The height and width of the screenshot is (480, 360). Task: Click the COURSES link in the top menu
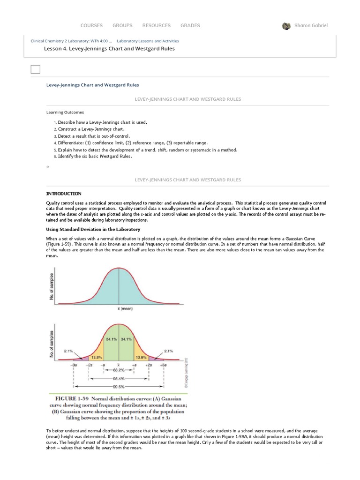pyautogui.click(x=91, y=25)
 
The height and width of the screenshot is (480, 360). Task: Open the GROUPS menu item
pyautogui.click(x=122, y=25)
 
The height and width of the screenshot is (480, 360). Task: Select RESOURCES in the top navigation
pyautogui.click(x=157, y=25)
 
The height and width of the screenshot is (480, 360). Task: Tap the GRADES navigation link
pyautogui.click(x=190, y=25)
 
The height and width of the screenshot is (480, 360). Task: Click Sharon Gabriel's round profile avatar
pyautogui.click(x=286, y=26)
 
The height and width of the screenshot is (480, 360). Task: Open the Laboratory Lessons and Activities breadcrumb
pyautogui.click(x=148, y=41)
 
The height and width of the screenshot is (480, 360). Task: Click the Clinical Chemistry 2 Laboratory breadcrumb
pyautogui.click(x=71, y=41)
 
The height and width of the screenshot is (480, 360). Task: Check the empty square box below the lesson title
pyautogui.click(x=35, y=69)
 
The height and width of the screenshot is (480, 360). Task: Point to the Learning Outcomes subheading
pyautogui.click(x=65, y=112)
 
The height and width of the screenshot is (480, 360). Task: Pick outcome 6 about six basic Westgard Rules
pyautogui.click(x=95, y=156)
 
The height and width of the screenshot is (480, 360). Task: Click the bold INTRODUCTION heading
pyautogui.click(x=63, y=194)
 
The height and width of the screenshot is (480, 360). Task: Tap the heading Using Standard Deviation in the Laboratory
pyautogui.click(x=93, y=229)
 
